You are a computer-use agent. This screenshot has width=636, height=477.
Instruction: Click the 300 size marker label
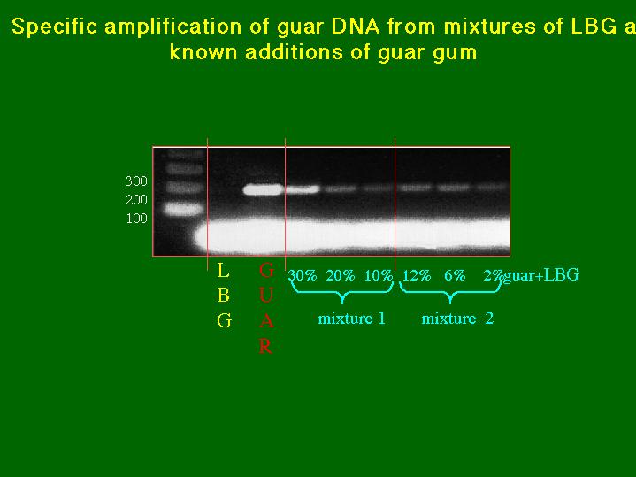tap(136, 181)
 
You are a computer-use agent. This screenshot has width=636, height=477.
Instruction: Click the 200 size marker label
tap(136, 200)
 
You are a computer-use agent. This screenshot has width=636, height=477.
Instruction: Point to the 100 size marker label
tap(137, 219)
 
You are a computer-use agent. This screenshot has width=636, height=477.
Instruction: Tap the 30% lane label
tap(303, 275)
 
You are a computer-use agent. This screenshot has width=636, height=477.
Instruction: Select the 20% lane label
tap(341, 275)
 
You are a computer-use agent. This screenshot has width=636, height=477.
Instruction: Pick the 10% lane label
tap(379, 275)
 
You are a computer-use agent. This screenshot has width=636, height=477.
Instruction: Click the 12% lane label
tap(417, 275)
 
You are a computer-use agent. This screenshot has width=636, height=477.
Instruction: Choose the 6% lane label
tap(455, 275)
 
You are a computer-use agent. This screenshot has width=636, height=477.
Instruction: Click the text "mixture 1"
tap(352, 319)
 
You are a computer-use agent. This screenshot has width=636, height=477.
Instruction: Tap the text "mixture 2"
tap(457, 319)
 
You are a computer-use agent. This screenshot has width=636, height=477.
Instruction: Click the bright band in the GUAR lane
tap(263, 189)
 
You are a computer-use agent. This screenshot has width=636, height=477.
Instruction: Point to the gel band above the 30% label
tap(303, 189)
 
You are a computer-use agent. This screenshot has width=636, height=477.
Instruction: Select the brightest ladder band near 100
tap(183, 209)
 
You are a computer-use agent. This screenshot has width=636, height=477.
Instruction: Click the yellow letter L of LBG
tap(223, 271)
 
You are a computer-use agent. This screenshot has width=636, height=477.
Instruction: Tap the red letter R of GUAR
tap(265, 347)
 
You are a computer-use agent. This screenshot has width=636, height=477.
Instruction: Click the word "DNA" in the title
tap(356, 27)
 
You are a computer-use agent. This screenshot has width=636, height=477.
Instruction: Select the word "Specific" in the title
tap(55, 27)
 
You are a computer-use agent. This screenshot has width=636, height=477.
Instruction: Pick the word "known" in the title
tap(203, 53)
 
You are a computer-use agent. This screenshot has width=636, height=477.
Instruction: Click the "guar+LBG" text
tap(541, 275)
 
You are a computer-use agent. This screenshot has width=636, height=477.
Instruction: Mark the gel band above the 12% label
tap(416, 188)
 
